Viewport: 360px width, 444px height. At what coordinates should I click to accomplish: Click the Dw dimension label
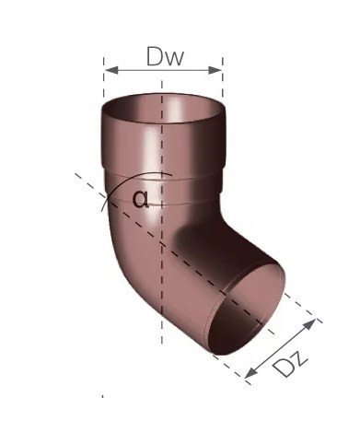165,56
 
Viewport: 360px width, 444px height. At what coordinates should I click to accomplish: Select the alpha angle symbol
141,199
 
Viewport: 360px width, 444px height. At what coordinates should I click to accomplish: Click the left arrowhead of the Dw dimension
110,70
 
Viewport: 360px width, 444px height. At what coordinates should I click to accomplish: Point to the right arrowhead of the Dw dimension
215,70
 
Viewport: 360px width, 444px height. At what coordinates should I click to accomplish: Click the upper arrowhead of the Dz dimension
309,325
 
